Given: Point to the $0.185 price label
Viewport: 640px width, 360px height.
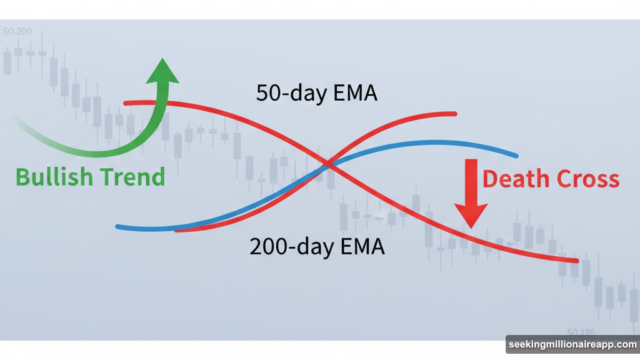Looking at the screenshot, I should coord(581,332).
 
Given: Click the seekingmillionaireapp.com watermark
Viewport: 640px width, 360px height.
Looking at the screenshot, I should coord(572,345).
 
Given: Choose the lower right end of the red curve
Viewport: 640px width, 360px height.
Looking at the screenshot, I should coord(576,261).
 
